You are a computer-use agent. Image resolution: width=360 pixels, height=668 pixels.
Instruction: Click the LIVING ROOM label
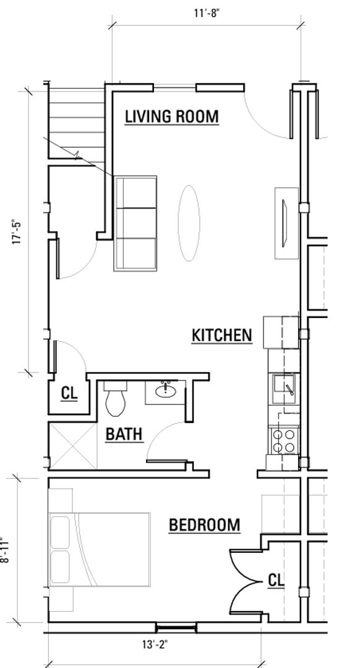click(172, 116)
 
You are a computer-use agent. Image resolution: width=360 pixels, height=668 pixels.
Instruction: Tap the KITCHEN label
click(221, 335)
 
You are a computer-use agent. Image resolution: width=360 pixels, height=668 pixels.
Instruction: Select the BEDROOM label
click(205, 525)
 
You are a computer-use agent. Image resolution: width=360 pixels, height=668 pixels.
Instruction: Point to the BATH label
click(124, 435)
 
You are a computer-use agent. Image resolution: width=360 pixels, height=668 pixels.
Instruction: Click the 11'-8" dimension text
click(207, 13)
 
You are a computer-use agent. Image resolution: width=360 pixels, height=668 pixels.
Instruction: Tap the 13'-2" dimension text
click(155, 645)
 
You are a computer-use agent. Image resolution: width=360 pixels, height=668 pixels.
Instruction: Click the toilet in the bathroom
click(116, 398)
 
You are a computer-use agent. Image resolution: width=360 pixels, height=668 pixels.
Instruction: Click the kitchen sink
click(284, 388)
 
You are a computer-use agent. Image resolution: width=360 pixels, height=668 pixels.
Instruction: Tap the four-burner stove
click(284, 440)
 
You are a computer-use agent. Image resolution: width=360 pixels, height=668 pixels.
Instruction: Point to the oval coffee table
click(189, 223)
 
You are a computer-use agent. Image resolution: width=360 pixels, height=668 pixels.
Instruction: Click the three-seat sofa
click(135, 223)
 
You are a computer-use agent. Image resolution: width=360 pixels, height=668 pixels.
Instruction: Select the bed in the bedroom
click(100, 550)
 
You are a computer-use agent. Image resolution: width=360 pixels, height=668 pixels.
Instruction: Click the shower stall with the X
click(73, 445)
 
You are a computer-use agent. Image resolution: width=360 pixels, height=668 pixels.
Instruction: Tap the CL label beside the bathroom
click(69, 393)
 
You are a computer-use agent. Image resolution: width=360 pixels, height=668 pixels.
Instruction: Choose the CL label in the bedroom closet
click(276, 580)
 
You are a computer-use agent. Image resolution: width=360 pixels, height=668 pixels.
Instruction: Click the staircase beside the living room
click(77, 123)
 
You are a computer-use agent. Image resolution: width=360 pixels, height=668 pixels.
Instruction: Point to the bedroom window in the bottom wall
click(176, 627)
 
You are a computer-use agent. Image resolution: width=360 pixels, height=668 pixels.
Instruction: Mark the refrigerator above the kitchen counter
click(281, 332)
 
